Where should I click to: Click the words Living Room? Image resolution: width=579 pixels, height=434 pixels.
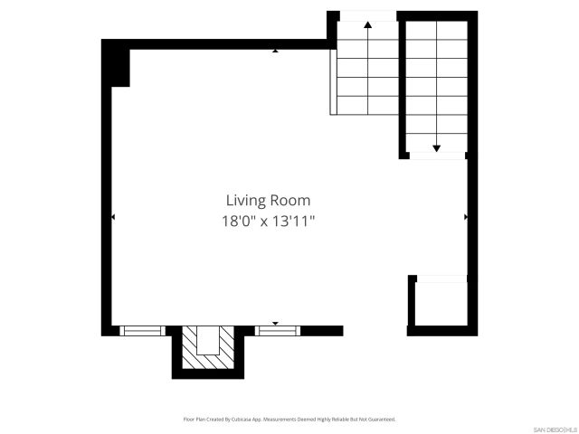268,200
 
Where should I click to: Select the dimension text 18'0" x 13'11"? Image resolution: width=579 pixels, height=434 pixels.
268,220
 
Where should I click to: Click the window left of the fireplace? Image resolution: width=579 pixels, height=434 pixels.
142,330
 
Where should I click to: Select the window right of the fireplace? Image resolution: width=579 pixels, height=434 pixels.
277,330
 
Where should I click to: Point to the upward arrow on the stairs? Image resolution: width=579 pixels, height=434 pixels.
368,25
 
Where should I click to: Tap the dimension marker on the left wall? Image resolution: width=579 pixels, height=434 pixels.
112,217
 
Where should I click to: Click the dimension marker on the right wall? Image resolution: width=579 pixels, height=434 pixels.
466,217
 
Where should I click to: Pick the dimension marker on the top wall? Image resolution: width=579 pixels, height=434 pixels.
276,51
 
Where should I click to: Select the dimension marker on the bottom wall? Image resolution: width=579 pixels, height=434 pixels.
276,323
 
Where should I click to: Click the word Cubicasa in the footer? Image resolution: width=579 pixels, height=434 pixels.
237,420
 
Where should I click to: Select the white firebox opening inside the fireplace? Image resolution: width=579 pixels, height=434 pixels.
208,340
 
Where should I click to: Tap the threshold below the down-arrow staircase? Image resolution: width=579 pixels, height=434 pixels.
436,156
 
